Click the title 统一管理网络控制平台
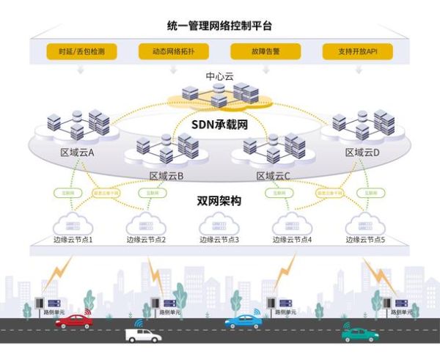(220, 26)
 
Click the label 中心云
(219, 75)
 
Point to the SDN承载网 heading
(220, 125)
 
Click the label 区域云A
(77, 153)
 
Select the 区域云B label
(166, 176)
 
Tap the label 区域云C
(273, 176)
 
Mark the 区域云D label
(362, 153)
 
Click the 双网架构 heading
(219, 201)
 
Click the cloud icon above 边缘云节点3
(219, 223)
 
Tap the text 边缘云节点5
(365, 240)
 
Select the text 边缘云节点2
(146, 240)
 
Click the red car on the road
(74, 320)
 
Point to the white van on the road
(143, 335)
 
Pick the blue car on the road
(242, 321)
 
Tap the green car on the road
(360, 334)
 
